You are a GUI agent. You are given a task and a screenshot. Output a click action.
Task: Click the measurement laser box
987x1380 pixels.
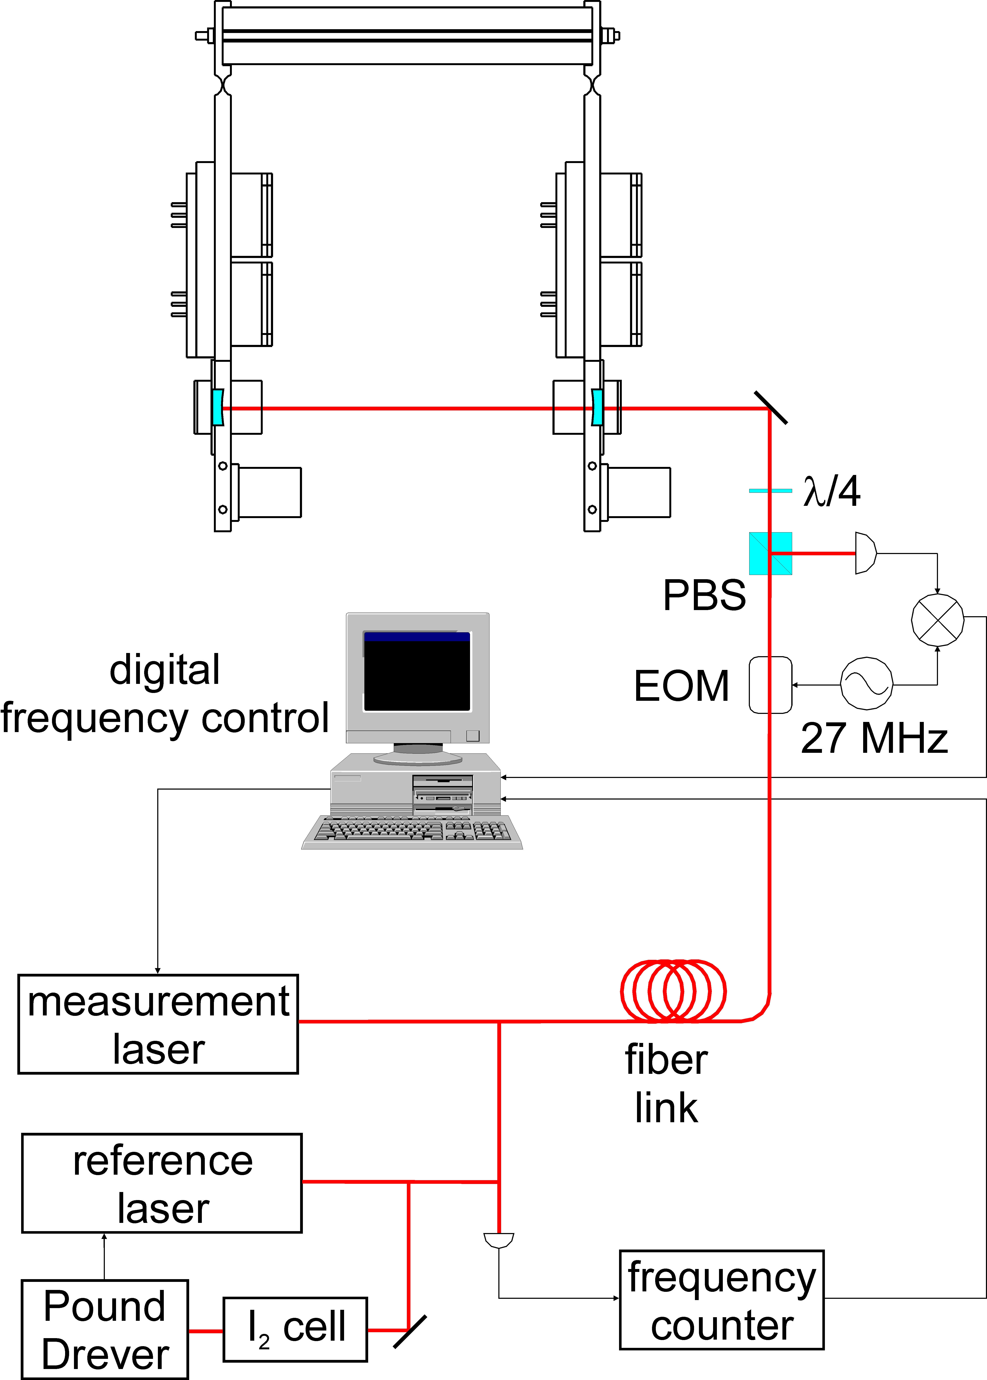[158, 1024]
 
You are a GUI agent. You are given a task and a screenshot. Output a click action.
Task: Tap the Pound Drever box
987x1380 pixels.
[105, 1329]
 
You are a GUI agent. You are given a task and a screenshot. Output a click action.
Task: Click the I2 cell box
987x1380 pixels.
[295, 1329]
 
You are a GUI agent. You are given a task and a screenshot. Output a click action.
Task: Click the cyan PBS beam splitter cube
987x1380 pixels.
[770, 553]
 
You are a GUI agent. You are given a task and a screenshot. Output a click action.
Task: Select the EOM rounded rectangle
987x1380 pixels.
[770, 685]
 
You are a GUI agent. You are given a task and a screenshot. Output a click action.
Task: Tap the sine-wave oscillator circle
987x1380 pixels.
[867, 683]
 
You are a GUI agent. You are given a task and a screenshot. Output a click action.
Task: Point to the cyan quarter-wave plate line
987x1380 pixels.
[770, 490]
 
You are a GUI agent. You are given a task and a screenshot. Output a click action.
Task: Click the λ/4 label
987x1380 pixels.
[831, 491]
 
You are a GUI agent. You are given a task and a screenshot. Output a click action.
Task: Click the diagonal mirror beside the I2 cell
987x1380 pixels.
[410, 1331]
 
